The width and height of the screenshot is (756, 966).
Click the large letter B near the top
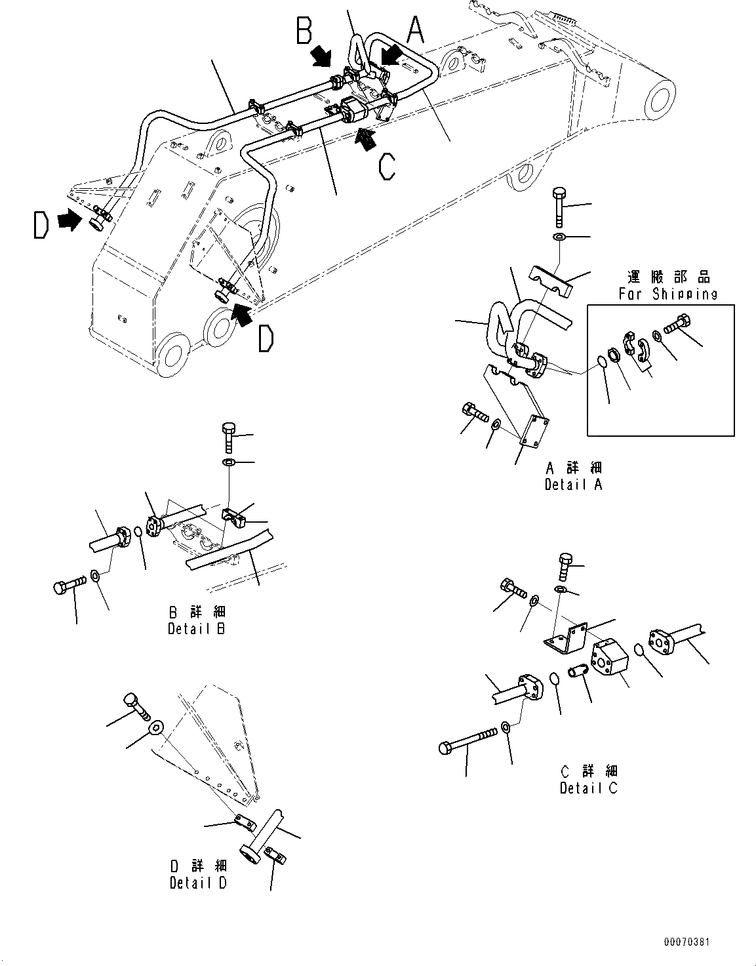coord(304,31)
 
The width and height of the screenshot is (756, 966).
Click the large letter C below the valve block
coord(387,165)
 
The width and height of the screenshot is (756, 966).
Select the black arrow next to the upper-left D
coord(67,222)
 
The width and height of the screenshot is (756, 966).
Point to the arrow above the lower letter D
coord(242,315)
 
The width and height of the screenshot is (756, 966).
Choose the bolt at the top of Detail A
coord(559,204)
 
